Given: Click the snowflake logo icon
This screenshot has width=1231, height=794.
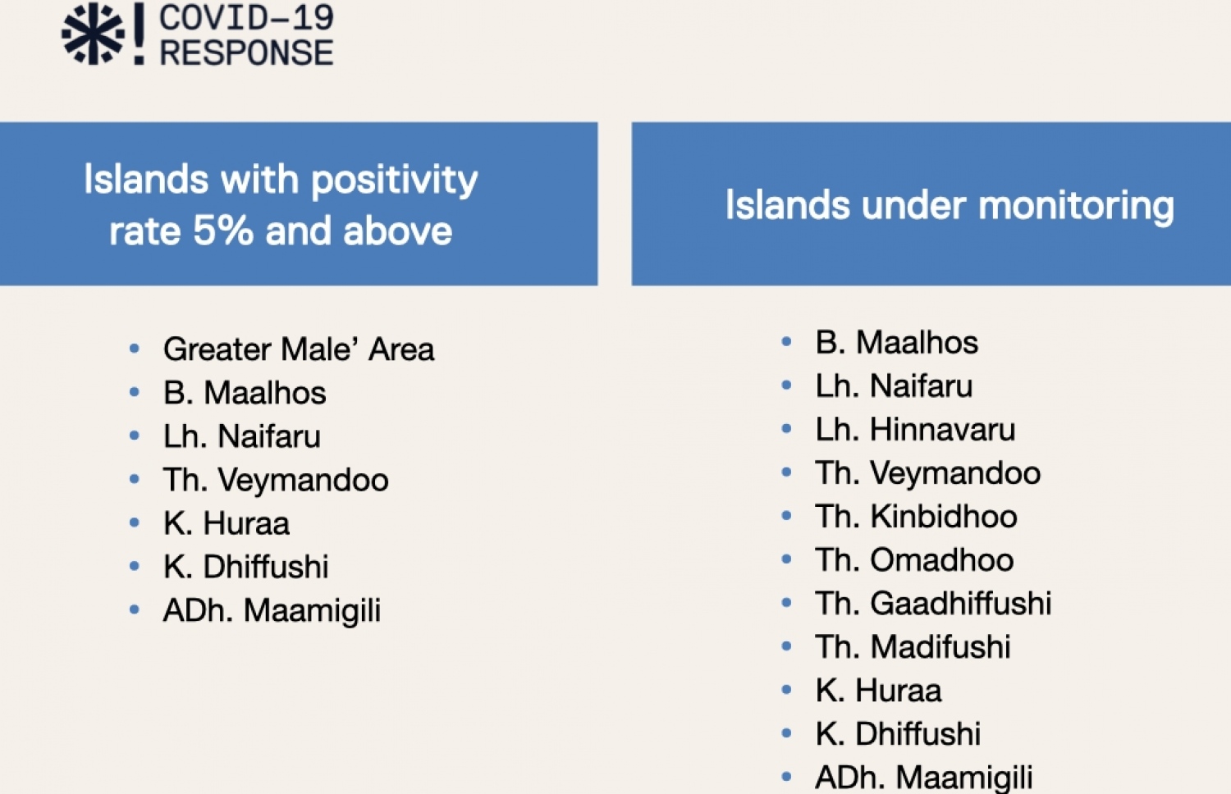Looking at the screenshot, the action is (x=93, y=34).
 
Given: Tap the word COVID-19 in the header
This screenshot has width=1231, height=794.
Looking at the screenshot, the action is (x=246, y=17).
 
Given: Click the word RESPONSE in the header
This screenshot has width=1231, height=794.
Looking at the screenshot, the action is (x=246, y=52).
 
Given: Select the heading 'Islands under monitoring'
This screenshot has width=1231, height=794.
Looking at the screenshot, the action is (x=950, y=206).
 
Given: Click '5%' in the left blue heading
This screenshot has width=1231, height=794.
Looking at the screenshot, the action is (x=223, y=230).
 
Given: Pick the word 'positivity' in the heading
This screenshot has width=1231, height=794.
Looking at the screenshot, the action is (x=395, y=180).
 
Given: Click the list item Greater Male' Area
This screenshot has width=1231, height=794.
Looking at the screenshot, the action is (x=299, y=349).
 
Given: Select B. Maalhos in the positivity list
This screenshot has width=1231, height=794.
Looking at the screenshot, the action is (x=245, y=393).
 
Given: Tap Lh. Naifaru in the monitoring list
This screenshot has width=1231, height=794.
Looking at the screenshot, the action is (x=894, y=386).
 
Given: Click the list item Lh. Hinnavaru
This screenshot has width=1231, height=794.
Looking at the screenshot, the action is (x=915, y=429).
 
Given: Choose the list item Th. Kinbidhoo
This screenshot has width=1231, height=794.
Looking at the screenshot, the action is (x=916, y=517).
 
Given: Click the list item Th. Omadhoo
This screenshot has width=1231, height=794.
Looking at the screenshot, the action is (x=914, y=560).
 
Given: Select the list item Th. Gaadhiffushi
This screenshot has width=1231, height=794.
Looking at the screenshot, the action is (x=933, y=604).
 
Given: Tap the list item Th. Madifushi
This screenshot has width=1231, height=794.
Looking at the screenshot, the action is (x=913, y=647).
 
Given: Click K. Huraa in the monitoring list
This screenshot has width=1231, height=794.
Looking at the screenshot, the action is (x=878, y=690).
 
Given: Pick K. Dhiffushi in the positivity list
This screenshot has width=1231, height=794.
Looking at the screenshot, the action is (x=245, y=567).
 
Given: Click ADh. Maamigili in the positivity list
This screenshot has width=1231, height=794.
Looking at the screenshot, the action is (x=272, y=611).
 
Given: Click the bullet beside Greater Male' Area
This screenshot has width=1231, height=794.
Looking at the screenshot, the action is (x=134, y=348).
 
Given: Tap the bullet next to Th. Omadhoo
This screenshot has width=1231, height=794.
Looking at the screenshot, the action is (x=786, y=559).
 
